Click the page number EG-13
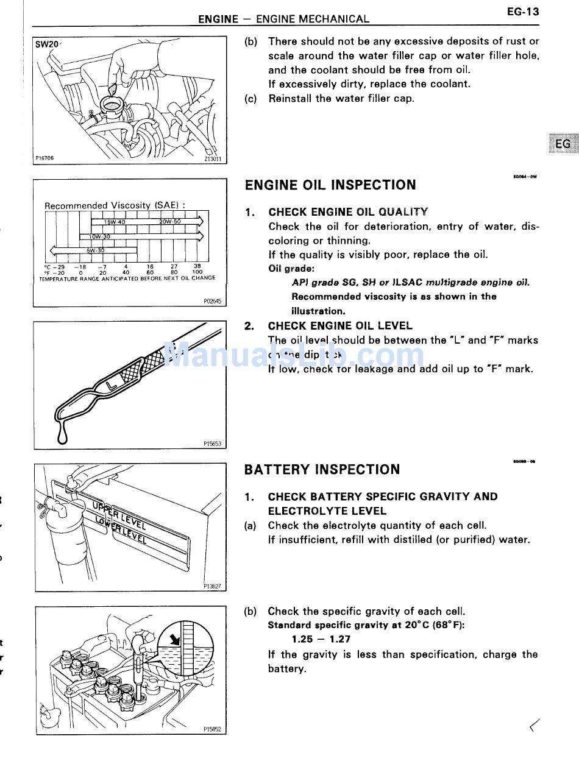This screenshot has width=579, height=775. pos(522,12)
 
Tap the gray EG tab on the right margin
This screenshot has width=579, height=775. pos(563,144)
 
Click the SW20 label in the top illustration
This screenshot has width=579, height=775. pos(47,44)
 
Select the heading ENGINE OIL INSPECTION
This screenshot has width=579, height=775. pos(330,185)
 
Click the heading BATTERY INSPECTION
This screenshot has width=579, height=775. pos(322,470)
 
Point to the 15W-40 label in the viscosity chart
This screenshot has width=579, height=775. pos(114,222)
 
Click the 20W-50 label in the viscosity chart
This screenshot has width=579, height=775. pos(170,222)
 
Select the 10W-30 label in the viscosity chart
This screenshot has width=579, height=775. pos(99,236)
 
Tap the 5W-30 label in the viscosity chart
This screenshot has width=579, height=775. pos(95,250)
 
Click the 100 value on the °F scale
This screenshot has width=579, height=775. pos(197,272)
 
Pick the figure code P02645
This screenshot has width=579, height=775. pos(213,301)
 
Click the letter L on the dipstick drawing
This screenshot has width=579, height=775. pos(110,386)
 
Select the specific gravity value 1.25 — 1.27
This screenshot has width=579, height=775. pos(321,639)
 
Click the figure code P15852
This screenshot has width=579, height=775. pos(213,729)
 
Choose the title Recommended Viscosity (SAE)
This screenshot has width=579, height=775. pos(115,205)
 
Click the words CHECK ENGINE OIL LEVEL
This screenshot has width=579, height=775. pos(340,326)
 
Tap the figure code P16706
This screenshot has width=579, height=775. pos(44,158)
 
